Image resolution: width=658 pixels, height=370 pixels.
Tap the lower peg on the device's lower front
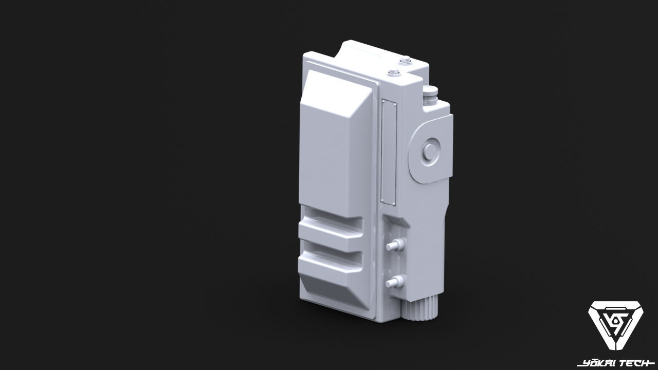[x=394, y=282]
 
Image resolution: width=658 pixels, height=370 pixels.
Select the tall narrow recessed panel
[x=388, y=152]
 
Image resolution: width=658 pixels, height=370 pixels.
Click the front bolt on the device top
[x=394, y=72]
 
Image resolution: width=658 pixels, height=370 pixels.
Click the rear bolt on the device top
[x=405, y=60]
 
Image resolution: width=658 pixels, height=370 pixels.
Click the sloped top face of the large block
[x=337, y=87]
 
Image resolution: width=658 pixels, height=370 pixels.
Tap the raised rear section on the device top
[x=370, y=51]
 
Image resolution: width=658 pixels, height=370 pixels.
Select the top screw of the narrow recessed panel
[x=389, y=101]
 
